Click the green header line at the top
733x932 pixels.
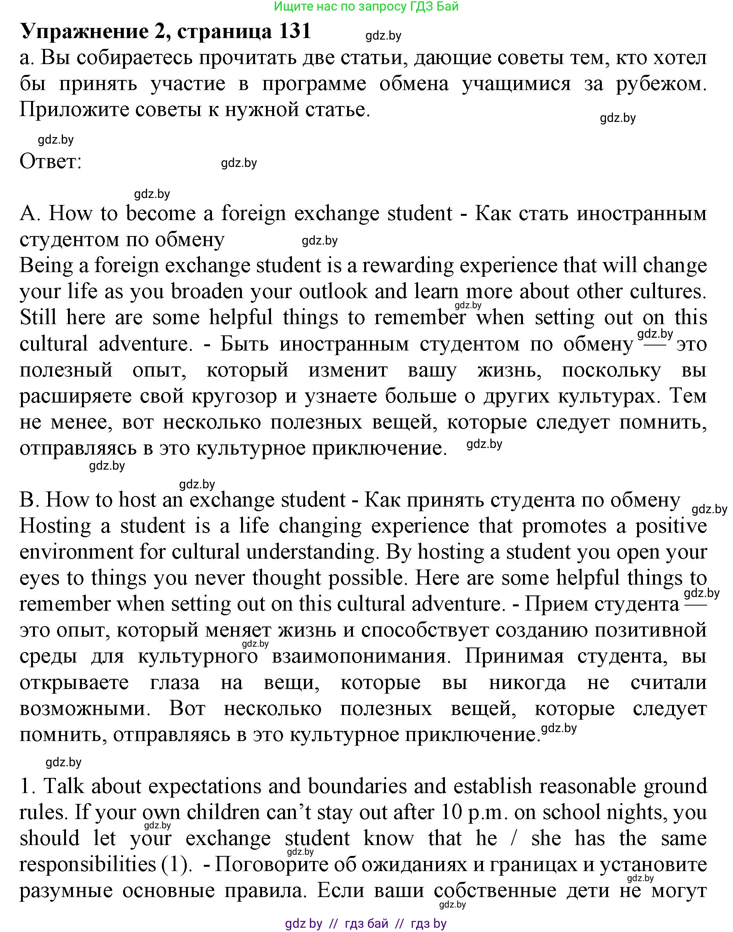(366, 7)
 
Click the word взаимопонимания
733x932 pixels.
(359, 656)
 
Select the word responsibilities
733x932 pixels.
(87, 864)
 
